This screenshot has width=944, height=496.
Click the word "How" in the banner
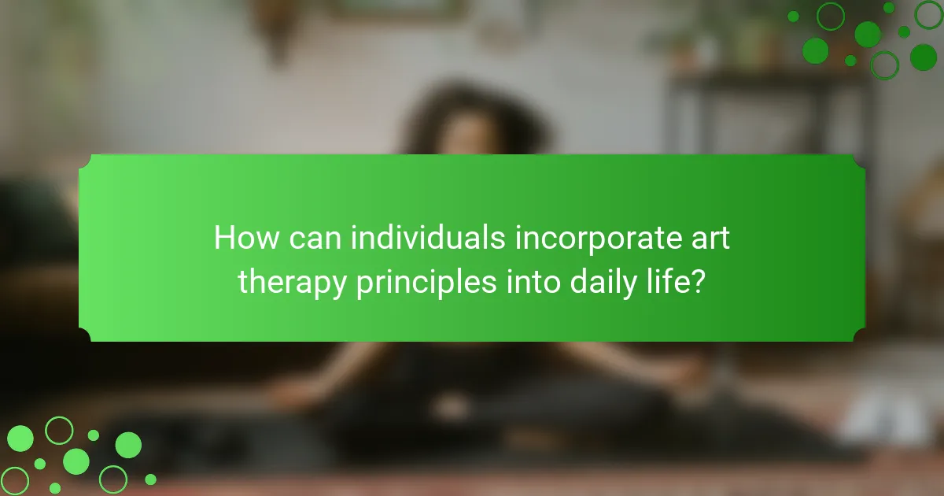pyautogui.click(x=246, y=238)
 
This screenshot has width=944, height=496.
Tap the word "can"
pyautogui.click(x=315, y=239)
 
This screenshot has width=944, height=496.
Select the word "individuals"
pyautogui.click(x=428, y=238)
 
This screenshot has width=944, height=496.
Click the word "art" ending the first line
pyautogui.click(x=710, y=239)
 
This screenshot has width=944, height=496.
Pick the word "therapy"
pyautogui.click(x=292, y=283)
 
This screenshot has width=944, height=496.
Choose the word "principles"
pyautogui.click(x=426, y=283)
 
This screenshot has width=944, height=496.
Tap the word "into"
pyautogui.click(x=533, y=282)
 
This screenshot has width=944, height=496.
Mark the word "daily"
pyautogui.click(x=603, y=283)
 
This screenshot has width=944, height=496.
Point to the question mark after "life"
pyautogui.click(x=695, y=282)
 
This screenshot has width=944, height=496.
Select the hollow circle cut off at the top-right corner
pyautogui.click(x=929, y=15)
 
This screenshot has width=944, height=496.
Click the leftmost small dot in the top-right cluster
pyautogui.click(x=794, y=17)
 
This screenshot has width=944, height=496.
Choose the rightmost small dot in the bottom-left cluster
pyautogui.click(x=150, y=479)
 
